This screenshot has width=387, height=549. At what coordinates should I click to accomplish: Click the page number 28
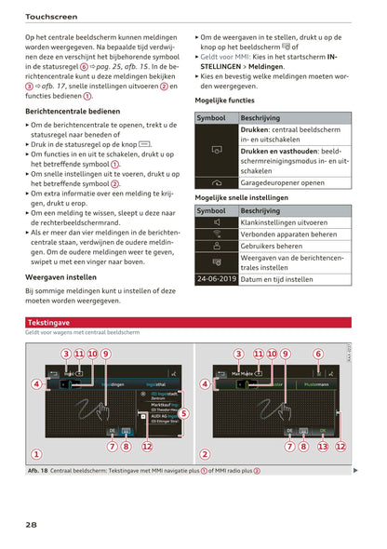point(32,525)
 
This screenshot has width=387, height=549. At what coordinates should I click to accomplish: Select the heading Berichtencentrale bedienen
point(73,111)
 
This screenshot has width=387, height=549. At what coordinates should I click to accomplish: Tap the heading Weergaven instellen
point(60,276)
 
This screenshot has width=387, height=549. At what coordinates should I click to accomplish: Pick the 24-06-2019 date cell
point(216,278)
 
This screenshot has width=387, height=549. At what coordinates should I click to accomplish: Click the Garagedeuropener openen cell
point(282,183)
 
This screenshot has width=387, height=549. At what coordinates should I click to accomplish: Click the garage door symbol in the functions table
point(216,183)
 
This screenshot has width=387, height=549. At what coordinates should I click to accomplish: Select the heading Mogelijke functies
point(224,100)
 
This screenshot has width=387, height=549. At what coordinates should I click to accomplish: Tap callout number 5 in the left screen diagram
point(183,413)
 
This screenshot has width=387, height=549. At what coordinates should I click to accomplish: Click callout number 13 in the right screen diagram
point(323,446)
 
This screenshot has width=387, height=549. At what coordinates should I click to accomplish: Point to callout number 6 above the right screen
point(317,354)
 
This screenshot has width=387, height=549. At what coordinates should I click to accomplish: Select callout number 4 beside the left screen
point(36,383)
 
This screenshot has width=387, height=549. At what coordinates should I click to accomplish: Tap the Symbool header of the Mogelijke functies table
point(211,118)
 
